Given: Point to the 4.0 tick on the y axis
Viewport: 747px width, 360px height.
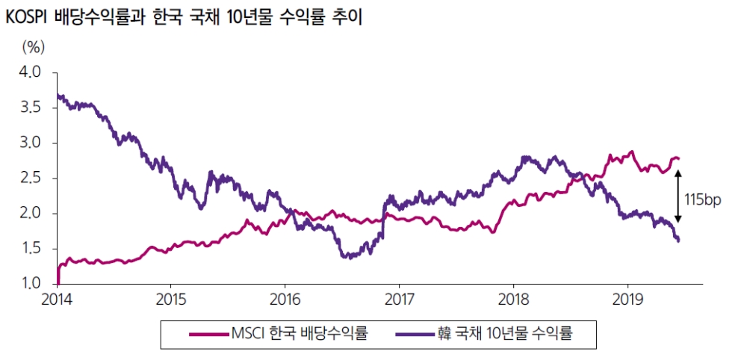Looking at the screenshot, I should [x=30, y=72].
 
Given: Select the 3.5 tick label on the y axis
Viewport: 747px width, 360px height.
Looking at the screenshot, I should [x=30, y=108].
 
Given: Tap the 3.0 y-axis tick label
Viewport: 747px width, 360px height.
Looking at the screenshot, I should [x=30, y=143].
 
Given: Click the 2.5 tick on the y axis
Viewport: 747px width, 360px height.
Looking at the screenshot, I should [x=30, y=179].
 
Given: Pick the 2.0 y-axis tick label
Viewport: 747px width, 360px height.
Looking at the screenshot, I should [x=30, y=214].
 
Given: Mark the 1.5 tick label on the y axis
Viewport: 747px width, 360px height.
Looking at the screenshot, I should [x=30, y=249].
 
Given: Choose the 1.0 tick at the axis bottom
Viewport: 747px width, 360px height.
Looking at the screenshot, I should [x=30, y=284].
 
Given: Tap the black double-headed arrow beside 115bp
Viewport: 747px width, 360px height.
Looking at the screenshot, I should [x=678, y=200].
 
